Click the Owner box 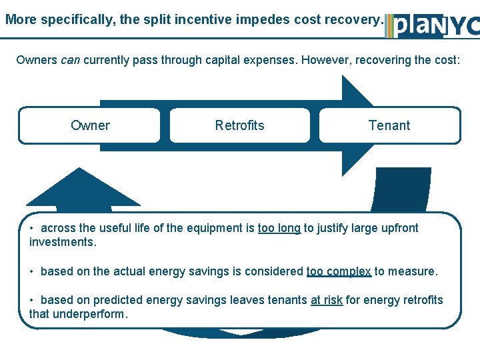[90, 125]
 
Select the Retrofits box [239, 125]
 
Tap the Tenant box [389, 125]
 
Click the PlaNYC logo [434, 25]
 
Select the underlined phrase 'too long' [279, 228]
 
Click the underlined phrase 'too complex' [339, 271]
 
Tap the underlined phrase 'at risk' [327, 300]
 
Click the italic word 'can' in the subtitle [70, 60]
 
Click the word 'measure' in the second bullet [413, 271]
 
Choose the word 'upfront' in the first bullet [398, 228]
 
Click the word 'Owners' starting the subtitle [37, 60]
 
